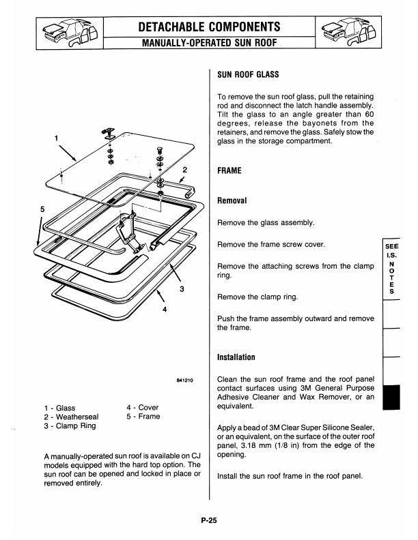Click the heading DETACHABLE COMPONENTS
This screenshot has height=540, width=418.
[x=208, y=27]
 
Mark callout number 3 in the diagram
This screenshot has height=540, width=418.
[x=182, y=288]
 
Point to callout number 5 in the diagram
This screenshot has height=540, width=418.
[x=42, y=208]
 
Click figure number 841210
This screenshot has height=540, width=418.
[x=186, y=381]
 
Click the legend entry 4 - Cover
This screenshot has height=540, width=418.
[x=143, y=407]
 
